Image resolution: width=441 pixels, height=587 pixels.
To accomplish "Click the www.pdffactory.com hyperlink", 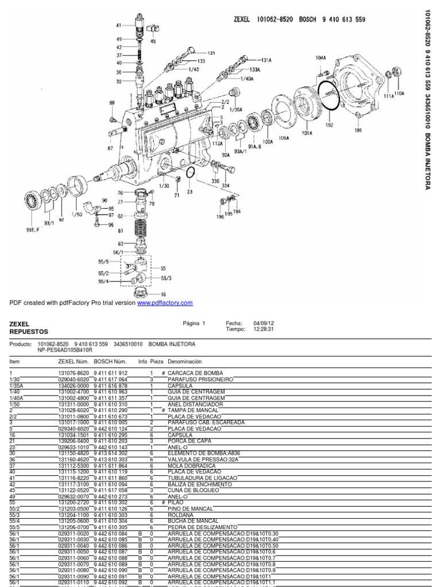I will [x=165, y=303].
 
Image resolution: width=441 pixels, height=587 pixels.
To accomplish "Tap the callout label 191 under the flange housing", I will [x=358, y=131].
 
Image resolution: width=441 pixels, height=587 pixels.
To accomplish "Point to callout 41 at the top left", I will [x=118, y=26].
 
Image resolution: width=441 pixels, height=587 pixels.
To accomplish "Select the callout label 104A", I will [x=320, y=58].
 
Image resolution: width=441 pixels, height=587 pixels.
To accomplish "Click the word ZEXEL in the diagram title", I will [x=243, y=19].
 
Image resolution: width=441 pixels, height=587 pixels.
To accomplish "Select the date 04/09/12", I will [x=256, y=323].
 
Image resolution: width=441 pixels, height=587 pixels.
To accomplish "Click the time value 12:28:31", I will [x=255, y=330].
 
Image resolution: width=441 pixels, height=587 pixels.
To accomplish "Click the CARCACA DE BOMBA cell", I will [x=192, y=373].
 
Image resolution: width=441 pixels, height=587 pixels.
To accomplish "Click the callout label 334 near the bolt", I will [x=226, y=185].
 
